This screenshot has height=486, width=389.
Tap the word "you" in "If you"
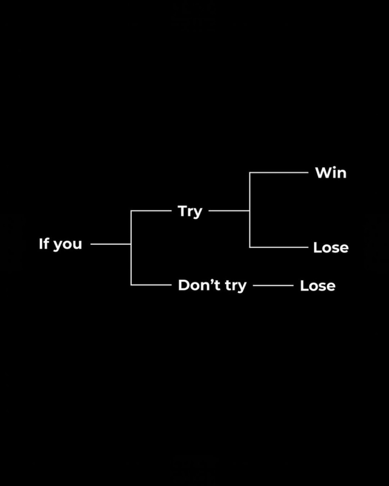point(67,244)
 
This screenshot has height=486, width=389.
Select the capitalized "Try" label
point(190,211)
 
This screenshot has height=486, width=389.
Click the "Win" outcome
point(331,173)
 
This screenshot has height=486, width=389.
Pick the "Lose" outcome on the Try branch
point(331,248)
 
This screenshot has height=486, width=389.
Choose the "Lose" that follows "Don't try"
point(317,286)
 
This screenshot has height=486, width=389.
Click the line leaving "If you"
point(110,244)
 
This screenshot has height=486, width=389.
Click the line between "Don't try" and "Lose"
point(273,285)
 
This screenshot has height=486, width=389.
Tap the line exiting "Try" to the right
point(229,210)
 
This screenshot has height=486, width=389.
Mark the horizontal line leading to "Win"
point(279,173)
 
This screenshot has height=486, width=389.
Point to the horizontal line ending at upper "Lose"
point(279,247)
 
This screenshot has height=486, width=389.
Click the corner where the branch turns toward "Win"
point(250,173)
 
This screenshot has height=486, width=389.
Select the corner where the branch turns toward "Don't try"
point(131,285)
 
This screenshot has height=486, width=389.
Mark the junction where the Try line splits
point(250,210)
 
